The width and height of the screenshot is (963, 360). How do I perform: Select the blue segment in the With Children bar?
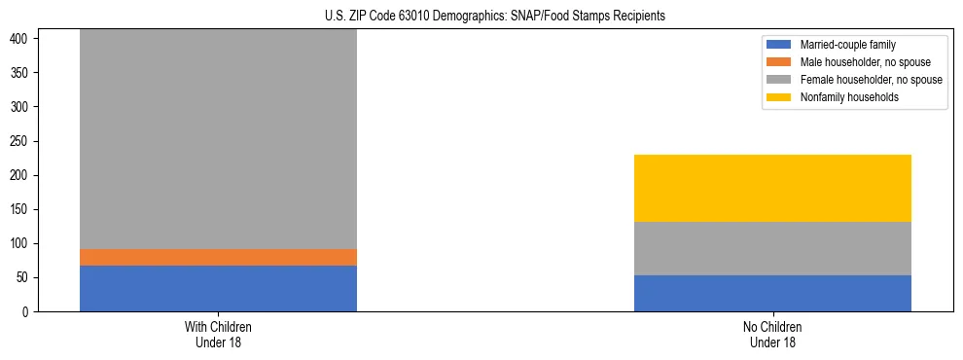click(x=218, y=288)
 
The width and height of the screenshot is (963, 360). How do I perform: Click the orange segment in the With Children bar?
click(x=218, y=257)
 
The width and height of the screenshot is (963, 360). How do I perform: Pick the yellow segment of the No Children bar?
click(x=772, y=188)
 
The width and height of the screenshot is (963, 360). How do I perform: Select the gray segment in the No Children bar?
click(x=772, y=248)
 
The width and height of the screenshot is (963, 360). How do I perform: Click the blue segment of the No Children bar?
click(x=772, y=293)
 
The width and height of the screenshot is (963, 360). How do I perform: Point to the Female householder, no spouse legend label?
click(x=871, y=80)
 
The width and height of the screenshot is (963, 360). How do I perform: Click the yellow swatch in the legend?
click(x=780, y=97)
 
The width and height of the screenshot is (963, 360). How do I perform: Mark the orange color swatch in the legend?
click(x=780, y=62)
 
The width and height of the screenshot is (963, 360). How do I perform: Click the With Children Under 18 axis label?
click(x=218, y=334)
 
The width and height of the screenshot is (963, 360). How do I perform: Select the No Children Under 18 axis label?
click(x=772, y=334)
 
